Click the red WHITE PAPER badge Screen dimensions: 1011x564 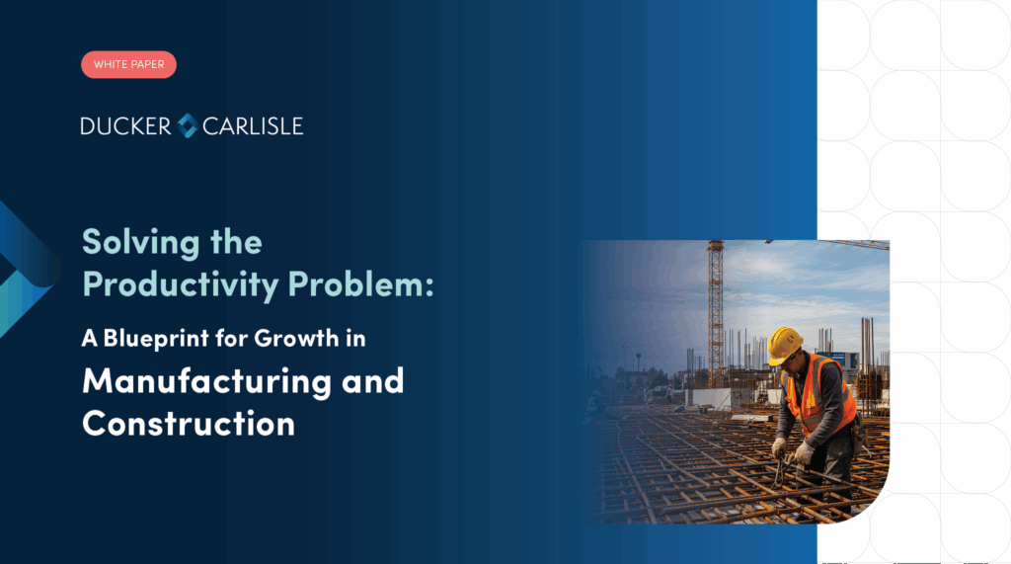[x=129, y=64]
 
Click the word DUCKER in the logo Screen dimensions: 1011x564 [x=125, y=125]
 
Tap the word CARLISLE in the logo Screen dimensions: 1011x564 [x=253, y=125]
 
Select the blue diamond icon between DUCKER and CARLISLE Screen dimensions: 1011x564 [x=187, y=125]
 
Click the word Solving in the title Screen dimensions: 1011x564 [x=141, y=243]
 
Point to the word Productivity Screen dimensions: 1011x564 [x=181, y=284]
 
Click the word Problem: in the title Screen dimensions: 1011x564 [x=361, y=283]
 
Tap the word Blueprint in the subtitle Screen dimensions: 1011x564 [x=156, y=339]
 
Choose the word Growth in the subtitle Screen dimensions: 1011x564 [x=296, y=338]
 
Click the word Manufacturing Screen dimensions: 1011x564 [x=207, y=381]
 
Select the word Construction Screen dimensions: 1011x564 [x=189, y=424]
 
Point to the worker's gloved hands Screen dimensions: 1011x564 [x=793, y=450]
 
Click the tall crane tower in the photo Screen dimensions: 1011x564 [x=716, y=313]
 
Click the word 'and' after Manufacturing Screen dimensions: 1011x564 [x=372, y=380]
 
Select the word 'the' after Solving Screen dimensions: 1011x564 [x=236, y=242]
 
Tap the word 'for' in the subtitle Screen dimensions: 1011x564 [x=231, y=338]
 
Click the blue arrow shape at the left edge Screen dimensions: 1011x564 [x=26, y=269]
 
